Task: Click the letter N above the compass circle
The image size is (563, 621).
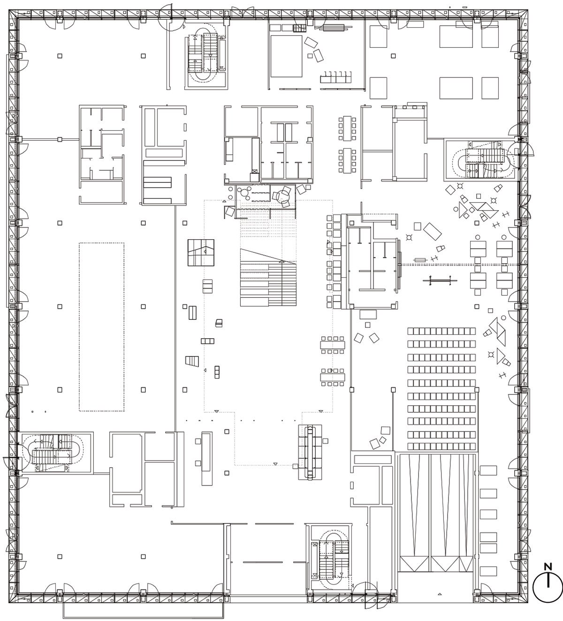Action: [x=548, y=567]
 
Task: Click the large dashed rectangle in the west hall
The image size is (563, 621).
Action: [x=102, y=327]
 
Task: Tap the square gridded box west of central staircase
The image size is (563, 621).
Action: [x=201, y=253]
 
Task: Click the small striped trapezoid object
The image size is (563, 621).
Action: [x=192, y=361]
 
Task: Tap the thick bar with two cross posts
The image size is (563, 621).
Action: [x=440, y=280]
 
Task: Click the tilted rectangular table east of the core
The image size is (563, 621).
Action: [x=432, y=231]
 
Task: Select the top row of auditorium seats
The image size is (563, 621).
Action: [x=441, y=331]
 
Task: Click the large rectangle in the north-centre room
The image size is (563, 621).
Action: [x=286, y=56]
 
